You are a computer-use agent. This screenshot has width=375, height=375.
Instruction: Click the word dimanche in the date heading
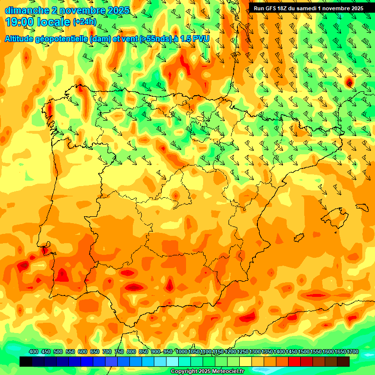27,10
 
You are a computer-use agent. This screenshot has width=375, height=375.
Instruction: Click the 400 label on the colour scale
33,352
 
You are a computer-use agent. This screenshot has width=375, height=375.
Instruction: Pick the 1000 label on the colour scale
182,352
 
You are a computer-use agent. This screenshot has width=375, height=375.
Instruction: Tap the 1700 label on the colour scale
353,352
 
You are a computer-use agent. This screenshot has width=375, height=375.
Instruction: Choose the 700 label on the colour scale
106,352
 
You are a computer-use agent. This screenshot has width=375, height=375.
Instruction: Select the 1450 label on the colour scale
292,352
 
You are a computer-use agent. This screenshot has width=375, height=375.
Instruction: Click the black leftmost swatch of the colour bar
25,361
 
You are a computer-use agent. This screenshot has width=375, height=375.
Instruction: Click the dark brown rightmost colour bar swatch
343,361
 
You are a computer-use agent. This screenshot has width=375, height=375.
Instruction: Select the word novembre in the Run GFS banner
332,8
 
